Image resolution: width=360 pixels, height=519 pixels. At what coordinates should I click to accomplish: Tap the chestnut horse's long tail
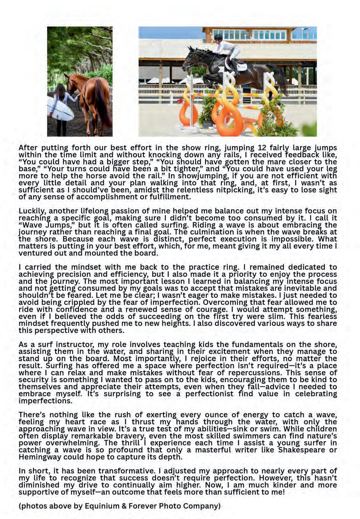103,104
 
